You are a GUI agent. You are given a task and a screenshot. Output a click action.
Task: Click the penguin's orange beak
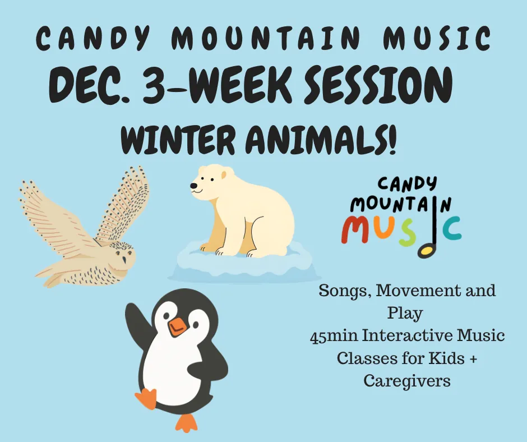[x=177, y=325]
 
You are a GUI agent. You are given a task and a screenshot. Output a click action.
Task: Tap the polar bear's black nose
[x=192, y=186]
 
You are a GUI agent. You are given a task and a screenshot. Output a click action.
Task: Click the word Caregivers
[x=406, y=381]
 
